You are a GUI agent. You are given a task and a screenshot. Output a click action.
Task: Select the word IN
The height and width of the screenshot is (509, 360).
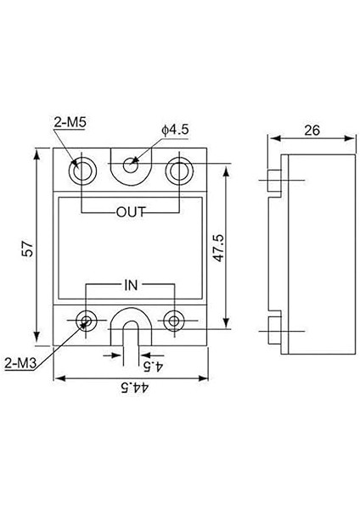click(131, 286)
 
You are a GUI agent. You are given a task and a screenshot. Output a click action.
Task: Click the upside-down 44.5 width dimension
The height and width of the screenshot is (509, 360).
click(131, 388)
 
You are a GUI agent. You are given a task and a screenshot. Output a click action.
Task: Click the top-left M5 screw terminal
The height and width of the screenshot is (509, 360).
click(83, 170)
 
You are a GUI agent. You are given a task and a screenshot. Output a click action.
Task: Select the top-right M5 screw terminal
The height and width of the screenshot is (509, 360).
click(178, 170)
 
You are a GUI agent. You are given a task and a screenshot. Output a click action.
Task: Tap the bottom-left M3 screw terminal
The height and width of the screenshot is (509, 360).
click(87, 320)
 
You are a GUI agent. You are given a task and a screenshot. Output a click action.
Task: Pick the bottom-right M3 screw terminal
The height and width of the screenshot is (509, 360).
click(175, 320)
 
